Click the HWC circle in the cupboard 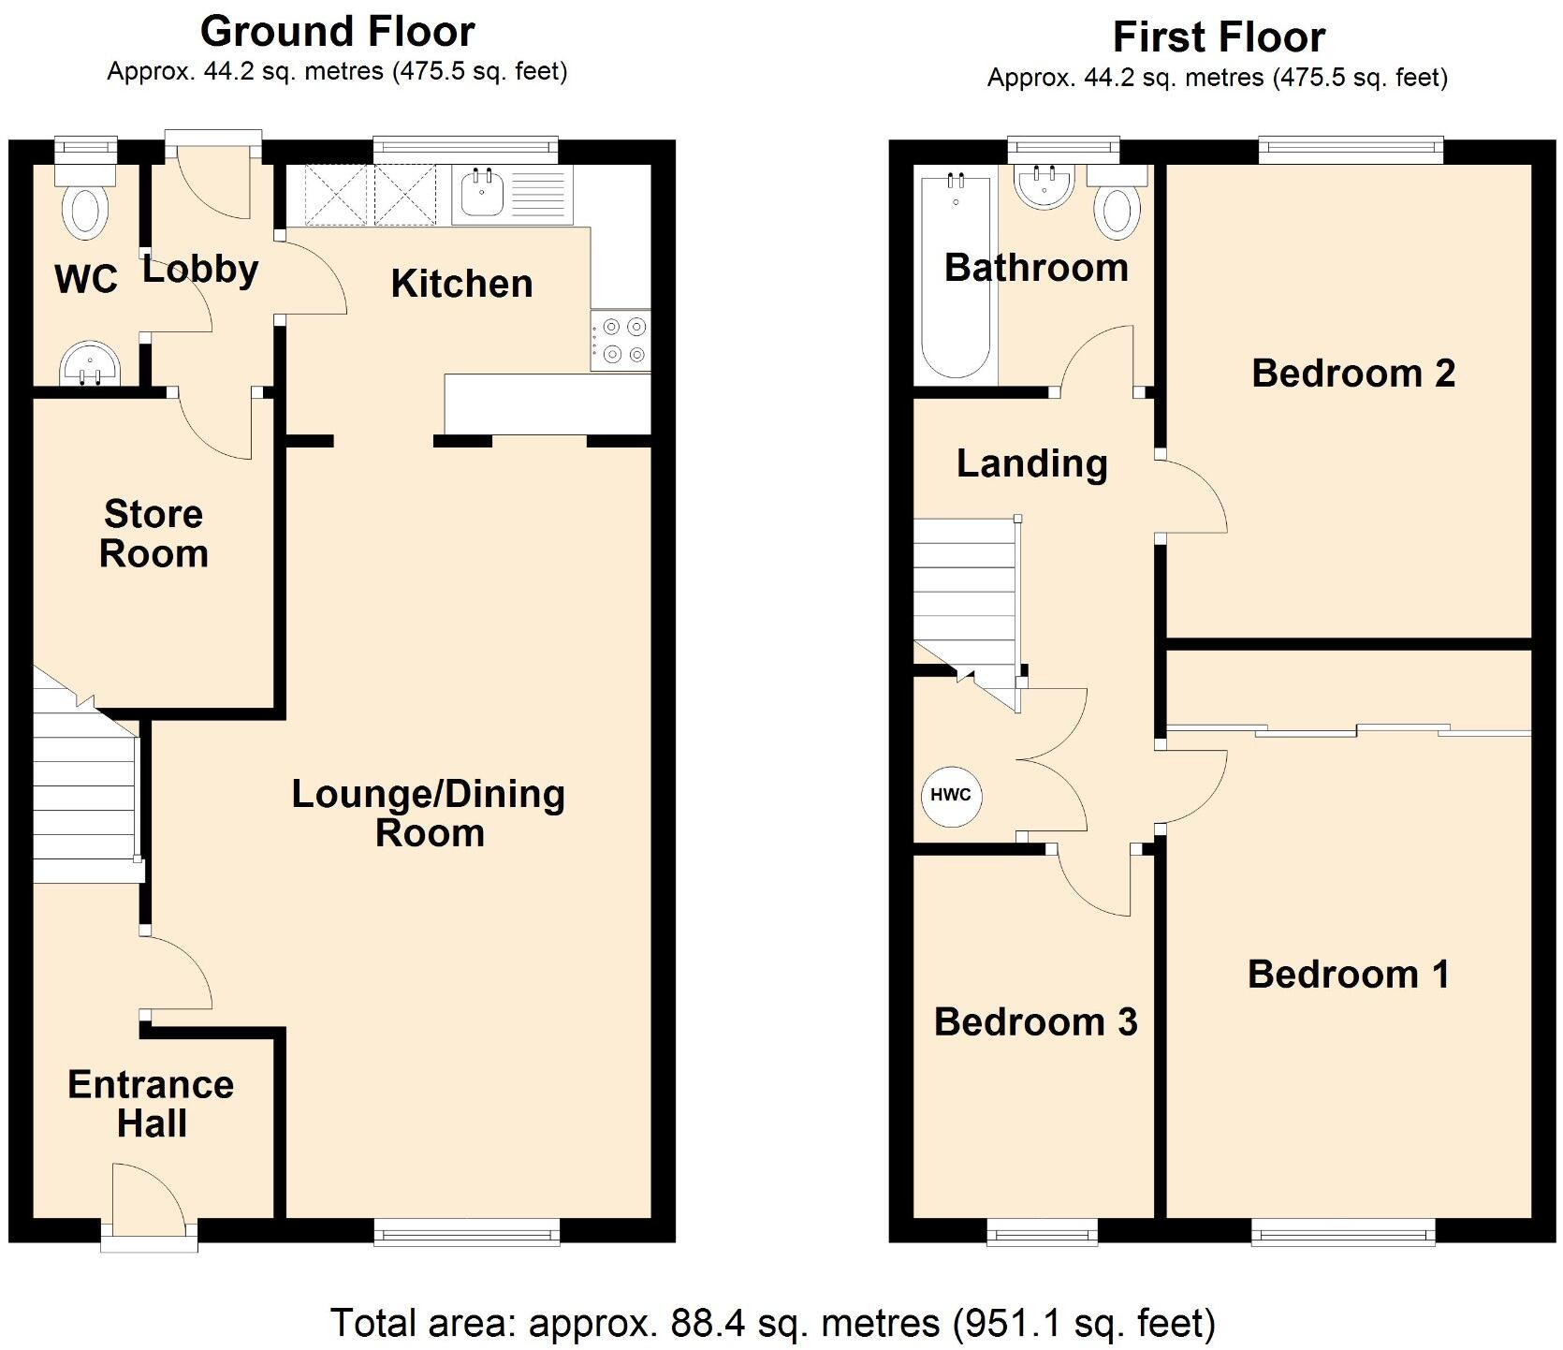951,795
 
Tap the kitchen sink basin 483,195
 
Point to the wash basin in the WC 90,363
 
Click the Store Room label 153,534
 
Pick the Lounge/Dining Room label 429,813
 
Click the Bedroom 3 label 1035,1021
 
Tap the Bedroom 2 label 1352,373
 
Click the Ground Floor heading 337,32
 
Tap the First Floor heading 1218,37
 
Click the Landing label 1031,463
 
